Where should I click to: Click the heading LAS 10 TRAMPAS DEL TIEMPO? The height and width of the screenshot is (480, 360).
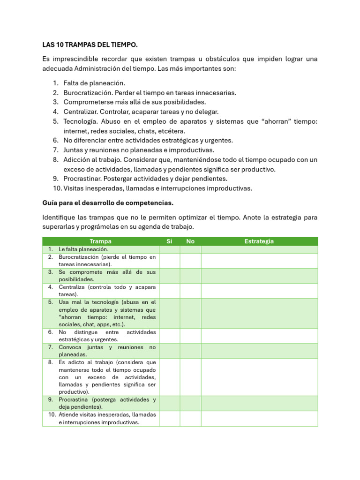(90, 45)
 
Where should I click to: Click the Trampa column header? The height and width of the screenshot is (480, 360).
(100, 241)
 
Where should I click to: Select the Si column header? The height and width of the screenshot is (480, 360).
(169, 241)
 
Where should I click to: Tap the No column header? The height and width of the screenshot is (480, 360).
(190, 241)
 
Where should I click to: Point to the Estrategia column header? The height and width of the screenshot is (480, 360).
(259, 241)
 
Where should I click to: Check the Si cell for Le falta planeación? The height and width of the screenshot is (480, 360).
(169, 249)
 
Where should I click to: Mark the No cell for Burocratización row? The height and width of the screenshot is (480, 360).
(190, 261)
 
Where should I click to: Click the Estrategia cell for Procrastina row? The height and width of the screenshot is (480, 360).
(259, 403)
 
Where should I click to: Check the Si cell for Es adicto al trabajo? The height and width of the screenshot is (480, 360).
(169, 377)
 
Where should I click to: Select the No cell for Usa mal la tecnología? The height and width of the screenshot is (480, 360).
(190, 313)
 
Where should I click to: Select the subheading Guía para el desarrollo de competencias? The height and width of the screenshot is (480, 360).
(108, 203)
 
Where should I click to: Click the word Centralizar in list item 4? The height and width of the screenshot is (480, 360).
(80, 112)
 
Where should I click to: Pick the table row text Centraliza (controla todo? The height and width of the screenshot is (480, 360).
(107, 287)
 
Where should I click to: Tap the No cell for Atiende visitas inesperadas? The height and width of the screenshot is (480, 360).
(190, 419)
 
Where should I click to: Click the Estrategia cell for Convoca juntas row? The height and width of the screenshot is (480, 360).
(259, 351)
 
